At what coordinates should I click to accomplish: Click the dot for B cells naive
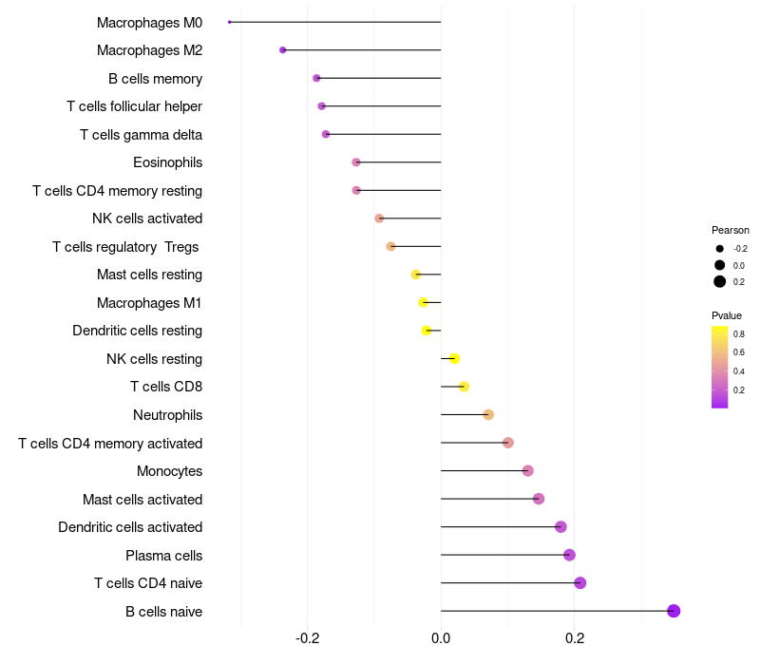tap(674, 611)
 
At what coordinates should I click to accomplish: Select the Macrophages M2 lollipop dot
tap(283, 50)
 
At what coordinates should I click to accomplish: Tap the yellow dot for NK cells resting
tap(455, 359)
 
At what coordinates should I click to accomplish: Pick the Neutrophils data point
tap(488, 415)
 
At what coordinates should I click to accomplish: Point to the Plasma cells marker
tap(569, 555)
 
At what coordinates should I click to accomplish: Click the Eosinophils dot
tap(356, 162)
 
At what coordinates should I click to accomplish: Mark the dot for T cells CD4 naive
tap(580, 583)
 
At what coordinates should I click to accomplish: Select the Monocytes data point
tap(528, 471)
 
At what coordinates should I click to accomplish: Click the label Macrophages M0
tap(149, 22)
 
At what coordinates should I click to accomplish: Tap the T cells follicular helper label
tap(134, 106)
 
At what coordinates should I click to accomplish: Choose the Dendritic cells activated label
tap(130, 527)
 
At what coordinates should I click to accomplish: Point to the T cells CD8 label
tap(166, 387)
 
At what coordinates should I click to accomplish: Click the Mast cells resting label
tap(149, 275)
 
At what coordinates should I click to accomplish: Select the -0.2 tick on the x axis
tap(308, 638)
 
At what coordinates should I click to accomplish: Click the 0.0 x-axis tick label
tap(441, 638)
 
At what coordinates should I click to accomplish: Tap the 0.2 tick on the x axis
tap(575, 638)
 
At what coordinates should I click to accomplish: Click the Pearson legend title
tap(731, 230)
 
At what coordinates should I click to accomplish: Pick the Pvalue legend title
tap(727, 315)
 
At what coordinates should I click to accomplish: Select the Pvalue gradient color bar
tap(720, 367)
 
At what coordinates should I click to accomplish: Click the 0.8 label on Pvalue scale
tap(738, 334)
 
